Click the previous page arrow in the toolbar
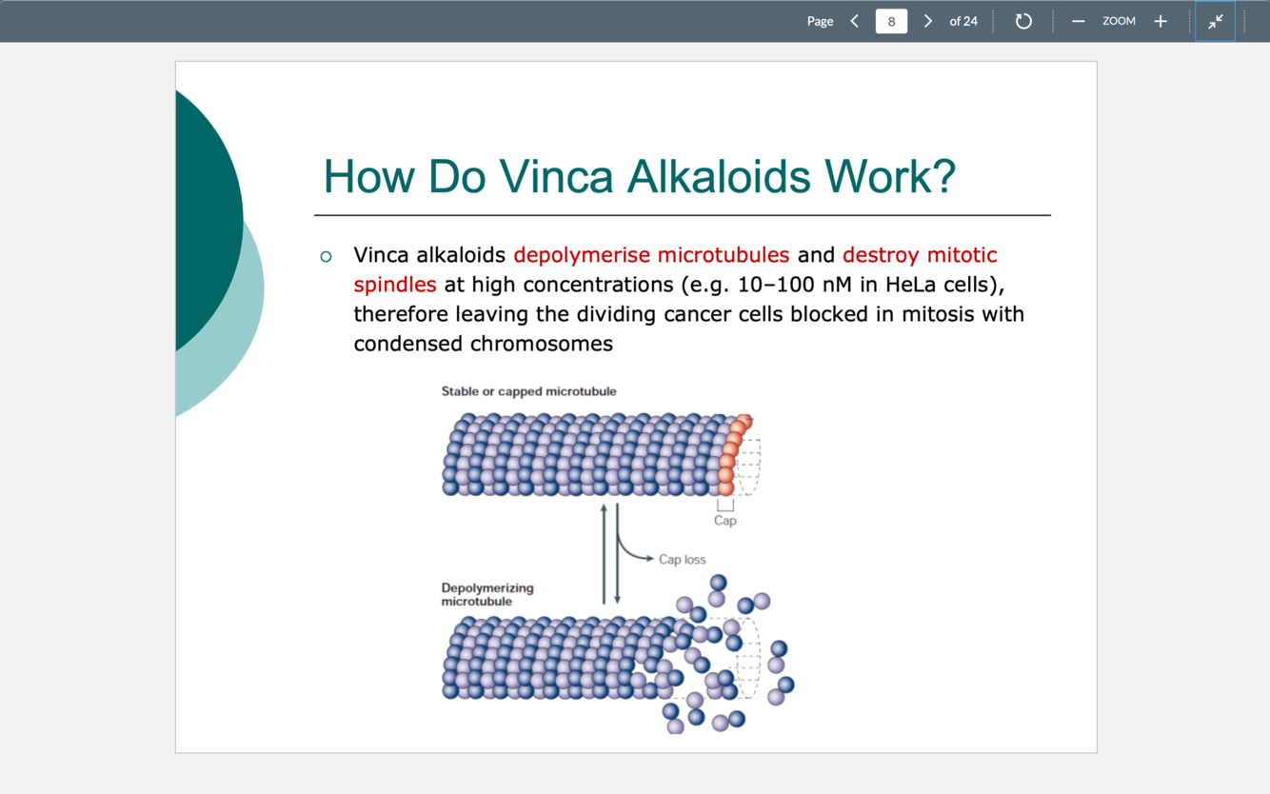pyautogui.click(x=855, y=21)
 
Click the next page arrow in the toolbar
pyautogui.click(x=928, y=21)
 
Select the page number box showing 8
pyautogui.click(x=891, y=21)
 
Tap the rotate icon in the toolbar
pyautogui.click(x=1023, y=21)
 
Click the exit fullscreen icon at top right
pyautogui.click(x=1216, y=21)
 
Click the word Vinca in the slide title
pyautogui.click(x=555, y=176)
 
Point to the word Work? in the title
pyautogui.click(x=889, y=176)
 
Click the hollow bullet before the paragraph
pyautogui.click(x=327, y=256)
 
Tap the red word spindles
pyautogui.click(x=395, y=285)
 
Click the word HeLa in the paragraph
pyautogui.click(x=911, y=285)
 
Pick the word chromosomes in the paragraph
pyautogui.click(x=542, y=344)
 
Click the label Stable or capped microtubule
pyautogui.click(x=528, y=391)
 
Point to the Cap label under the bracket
pyautogui.click(x=725, y=521)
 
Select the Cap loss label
pyautogui.click(x=682, y=560)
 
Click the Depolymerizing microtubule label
pyautogui.click(x=486, y=594)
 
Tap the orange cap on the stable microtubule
pyautogui.click(x=731, y=454)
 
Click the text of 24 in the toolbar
pyautogui.click(x=963, y=21)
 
